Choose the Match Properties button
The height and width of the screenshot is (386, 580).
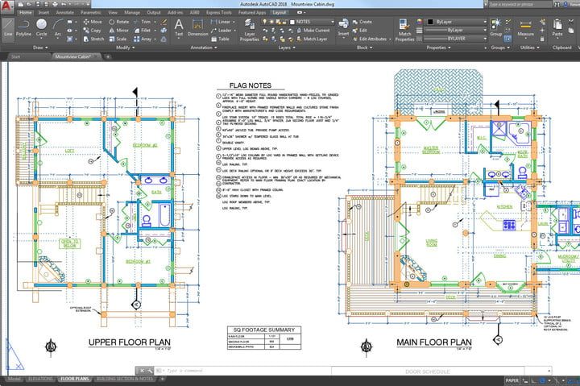404,31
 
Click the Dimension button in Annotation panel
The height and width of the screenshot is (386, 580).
197,30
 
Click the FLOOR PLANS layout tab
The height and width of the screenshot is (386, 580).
75,378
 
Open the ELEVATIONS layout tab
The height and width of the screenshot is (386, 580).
40,378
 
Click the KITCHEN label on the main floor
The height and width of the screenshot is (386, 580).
505,206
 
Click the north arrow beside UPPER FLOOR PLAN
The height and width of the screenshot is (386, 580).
51,347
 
